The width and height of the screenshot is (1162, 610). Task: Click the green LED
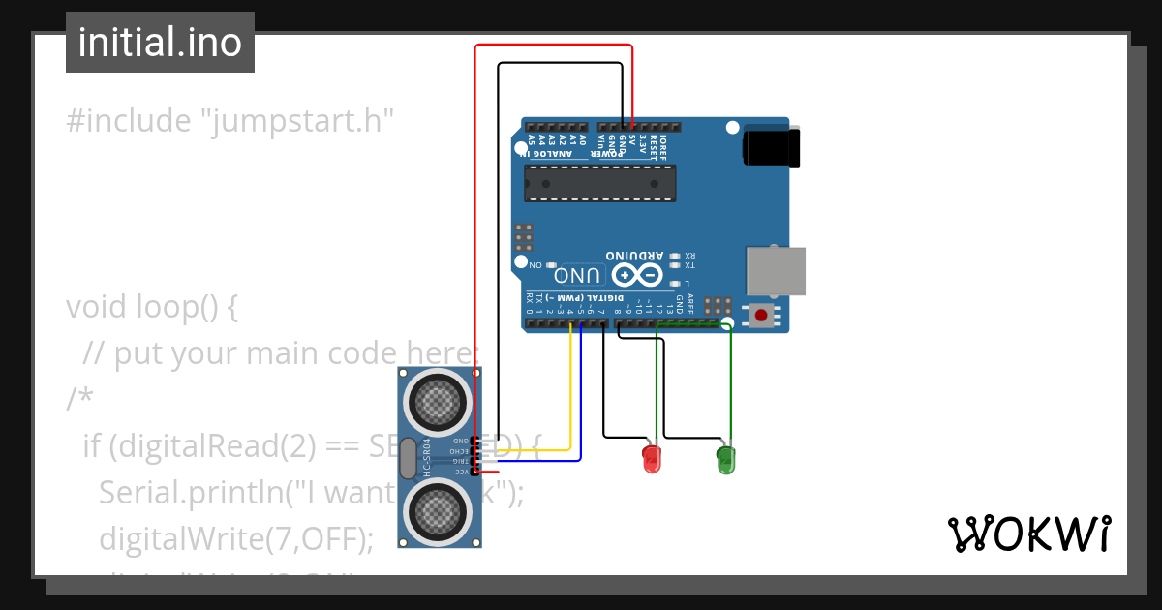pyautogui.click(x=725, y=459)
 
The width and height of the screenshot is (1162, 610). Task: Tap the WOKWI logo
pyautogui.click(x=1028, y=534)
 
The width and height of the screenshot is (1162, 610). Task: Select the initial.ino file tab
pyautogui.click(x=160, y=43)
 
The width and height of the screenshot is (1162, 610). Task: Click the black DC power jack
pyautogui.click(x=772, y=148)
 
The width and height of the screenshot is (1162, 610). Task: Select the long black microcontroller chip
pyautogui.click(x=599, y=183)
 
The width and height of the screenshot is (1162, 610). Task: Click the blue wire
pyautogui.click(x=580, y=407)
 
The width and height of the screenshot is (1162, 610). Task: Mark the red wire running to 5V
pyautogui.click(x=475, y=242)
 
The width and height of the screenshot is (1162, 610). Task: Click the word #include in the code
pyautogui.click(x=128, y=121)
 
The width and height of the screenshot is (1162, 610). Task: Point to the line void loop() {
pyautogui.click(x=152, y=307)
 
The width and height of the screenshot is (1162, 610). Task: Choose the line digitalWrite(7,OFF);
pyautogui.click(x=235, y=538)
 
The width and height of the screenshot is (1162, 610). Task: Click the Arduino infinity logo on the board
pyautogui.click(x=635, y=275)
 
